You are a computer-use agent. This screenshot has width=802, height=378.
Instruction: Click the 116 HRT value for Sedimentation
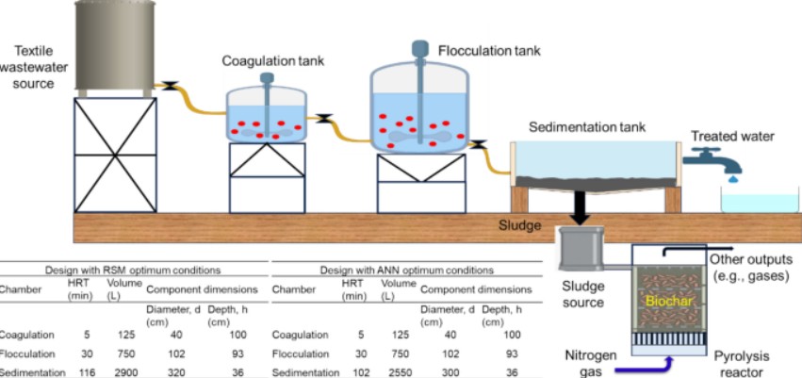click(82, 374)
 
